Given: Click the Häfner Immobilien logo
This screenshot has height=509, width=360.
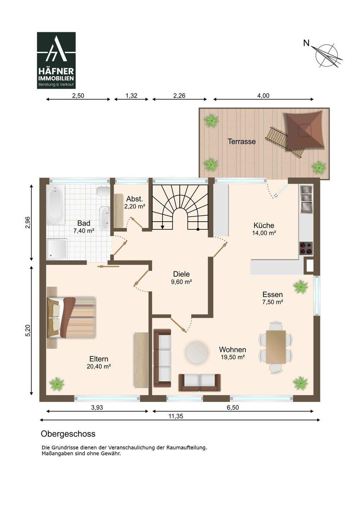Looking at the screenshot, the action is coord(56,60).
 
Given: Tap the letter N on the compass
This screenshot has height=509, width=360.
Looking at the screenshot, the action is coord(306,43).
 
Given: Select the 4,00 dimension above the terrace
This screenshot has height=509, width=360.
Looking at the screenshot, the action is coord(263,95).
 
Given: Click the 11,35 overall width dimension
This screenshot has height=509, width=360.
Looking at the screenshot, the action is coord(176,416).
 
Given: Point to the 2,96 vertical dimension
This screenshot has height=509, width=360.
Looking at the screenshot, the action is coord(28,222).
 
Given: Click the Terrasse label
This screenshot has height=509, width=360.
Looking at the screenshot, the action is coord(242,141).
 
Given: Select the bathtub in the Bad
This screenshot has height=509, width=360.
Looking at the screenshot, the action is coord(56,205).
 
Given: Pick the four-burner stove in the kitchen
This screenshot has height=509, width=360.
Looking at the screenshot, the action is coord(306,248).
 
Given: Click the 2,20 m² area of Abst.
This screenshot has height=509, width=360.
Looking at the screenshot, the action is coord(134,206).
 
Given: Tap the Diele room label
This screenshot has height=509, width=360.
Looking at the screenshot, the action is coord(181,274).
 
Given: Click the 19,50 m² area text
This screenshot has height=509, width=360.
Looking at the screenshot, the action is coord(233,357).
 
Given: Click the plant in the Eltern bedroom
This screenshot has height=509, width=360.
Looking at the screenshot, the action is coord(57,383).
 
